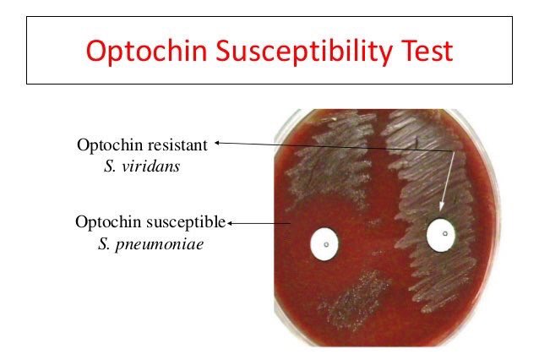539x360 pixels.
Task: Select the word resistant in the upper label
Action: point(177,145)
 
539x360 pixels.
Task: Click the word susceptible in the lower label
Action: point(191,223)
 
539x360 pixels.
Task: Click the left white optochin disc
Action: point(324,244)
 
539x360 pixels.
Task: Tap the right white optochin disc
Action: point(442,235)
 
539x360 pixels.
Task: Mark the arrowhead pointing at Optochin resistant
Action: point(218,144)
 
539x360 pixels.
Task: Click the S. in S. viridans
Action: point(108,166)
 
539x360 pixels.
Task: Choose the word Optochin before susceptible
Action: point(106,223)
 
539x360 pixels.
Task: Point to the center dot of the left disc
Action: point(324,245)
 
